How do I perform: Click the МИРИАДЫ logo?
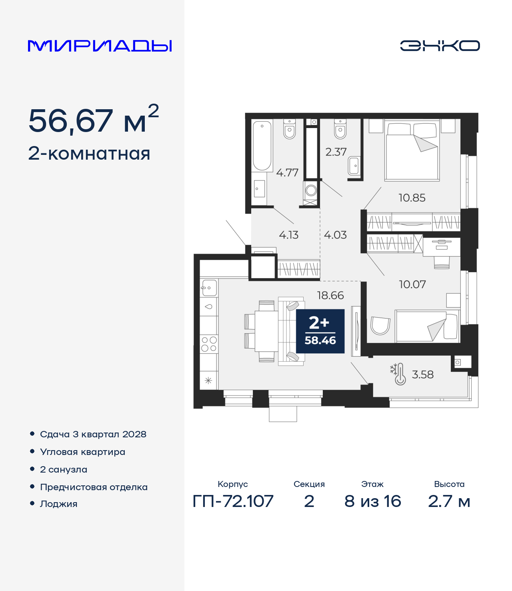coord(100,46)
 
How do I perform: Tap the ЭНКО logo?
coord(440,46)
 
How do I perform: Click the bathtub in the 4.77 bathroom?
coord(262,145)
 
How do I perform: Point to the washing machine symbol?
coord(311,190)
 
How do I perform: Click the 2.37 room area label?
coord(336,152)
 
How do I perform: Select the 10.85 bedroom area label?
coord(412,198)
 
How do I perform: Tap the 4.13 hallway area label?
coord(289,235)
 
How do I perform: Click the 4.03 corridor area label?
coord(335,235)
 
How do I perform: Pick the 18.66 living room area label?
coord(330,295)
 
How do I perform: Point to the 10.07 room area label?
coord(412,284)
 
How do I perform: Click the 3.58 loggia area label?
coord(422,374)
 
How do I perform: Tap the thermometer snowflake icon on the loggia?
coord(398,374)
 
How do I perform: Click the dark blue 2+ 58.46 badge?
coord(320,331)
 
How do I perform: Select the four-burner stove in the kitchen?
coord(209,344)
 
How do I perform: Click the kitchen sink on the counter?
coord(209,288)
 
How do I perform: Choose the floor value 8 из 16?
coord(372,501)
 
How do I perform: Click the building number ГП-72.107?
coord(233,501)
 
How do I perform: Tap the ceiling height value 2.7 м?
coord(449,501)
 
